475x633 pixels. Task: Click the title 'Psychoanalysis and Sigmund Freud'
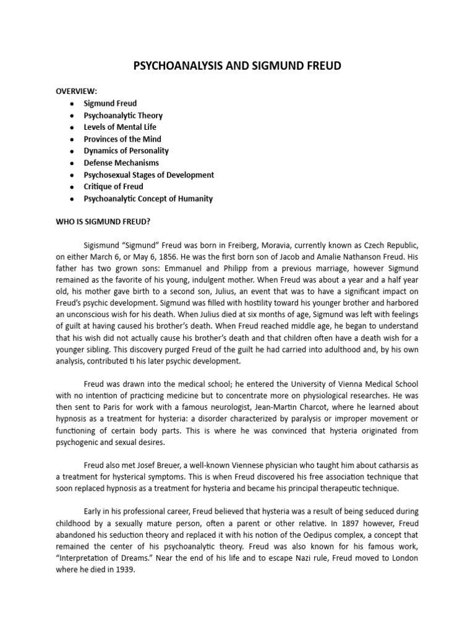tap(237, 66)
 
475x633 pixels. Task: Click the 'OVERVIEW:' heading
tap(77, 91)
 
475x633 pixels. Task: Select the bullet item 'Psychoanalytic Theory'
tap(124, 115)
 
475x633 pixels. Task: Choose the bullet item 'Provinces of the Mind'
tap(123, 139)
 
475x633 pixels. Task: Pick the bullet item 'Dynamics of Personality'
tap(126, 151)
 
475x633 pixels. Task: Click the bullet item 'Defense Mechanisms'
tap(121, 163)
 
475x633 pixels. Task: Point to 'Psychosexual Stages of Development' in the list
tap(149, 175)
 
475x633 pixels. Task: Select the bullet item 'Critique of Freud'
tap(114, 187)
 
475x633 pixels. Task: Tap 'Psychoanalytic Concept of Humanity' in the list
tap(148, 198)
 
